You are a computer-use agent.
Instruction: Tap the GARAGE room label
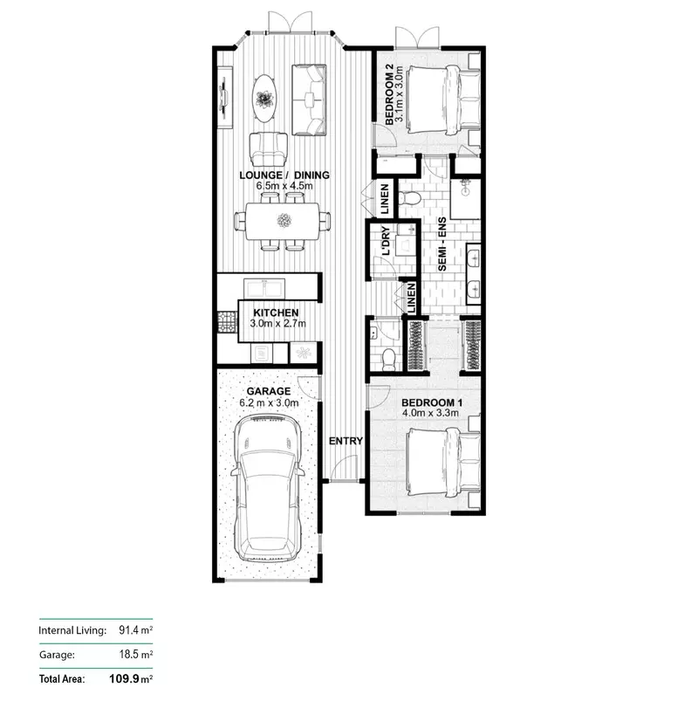click(x=269, y=391)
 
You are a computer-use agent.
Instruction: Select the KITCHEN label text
click(x=276, y=312)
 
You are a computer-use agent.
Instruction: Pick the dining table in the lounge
click(x=284, y=221)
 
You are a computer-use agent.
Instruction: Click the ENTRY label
click(x=346, y=441)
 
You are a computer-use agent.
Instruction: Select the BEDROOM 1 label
click(x=433, y=403)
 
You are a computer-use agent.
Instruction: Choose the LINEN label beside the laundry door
click(x=384, y=200)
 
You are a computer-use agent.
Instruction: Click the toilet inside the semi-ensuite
click(x=408, y=197)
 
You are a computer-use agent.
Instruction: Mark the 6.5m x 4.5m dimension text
click(x=284, y=186)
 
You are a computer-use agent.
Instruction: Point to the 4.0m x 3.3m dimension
click(x=433, y=415)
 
